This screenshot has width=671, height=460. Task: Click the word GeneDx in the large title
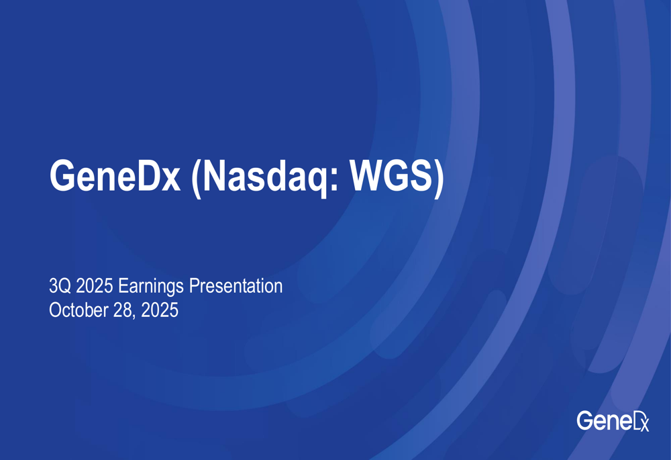pos(115,175)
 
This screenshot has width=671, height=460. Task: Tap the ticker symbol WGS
pos(392,175)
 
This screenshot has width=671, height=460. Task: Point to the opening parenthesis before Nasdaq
pos(196,178)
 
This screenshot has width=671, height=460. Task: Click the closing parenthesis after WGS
pos(439,178)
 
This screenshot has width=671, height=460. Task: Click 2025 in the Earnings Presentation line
pos(95,285)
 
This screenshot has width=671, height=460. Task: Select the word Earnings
pos(151,287)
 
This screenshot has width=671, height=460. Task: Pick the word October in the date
pos(79,310)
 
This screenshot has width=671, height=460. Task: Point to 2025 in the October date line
pos(160,310)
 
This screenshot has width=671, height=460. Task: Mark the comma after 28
pos(134,316)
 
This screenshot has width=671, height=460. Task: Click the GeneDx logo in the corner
pos(613,420)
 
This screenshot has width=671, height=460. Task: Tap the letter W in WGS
pos(370,175)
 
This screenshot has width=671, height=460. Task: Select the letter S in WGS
pos(420,175)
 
